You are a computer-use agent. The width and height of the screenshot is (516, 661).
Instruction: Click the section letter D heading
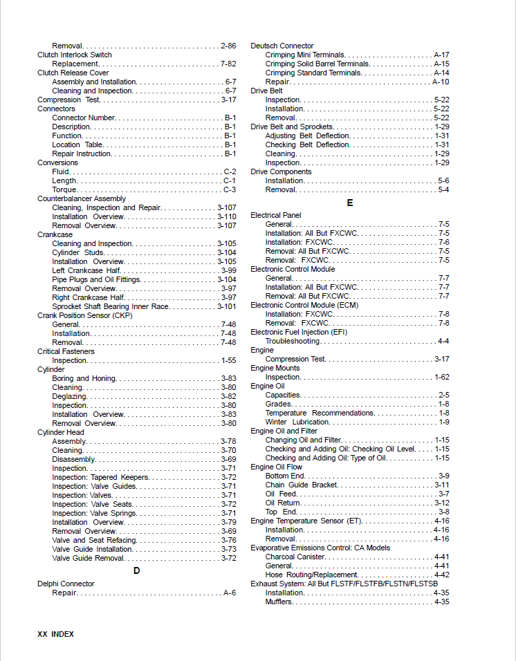click(x=136, y=570)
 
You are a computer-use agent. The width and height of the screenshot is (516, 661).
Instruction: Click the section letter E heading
click(x=350, y=203)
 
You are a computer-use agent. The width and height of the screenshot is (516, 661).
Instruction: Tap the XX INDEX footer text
click(x=55, y=634)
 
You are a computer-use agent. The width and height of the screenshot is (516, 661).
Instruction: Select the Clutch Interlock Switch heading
click(x=74, y=55)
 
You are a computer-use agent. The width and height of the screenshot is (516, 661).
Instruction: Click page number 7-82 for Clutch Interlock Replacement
click(x=228, y=64)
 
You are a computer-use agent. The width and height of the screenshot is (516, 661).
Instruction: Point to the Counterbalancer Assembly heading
click(x=81, y=198)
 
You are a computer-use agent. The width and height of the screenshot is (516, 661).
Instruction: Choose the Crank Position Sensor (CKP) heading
click(x=84, y=315)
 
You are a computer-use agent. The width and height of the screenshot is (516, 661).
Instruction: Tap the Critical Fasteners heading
click(x=66, y=351)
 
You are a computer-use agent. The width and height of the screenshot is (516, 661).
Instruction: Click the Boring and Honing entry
click(x=84, y=378)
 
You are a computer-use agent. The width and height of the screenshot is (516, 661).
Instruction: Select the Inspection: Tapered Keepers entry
click(x=100, y=477)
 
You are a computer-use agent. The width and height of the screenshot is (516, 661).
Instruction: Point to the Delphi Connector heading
click(x=66, y=584)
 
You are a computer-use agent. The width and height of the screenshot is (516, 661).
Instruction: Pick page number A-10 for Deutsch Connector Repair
click(x=441, y=82)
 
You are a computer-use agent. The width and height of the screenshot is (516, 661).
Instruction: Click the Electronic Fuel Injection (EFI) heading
click(x=299, y=332)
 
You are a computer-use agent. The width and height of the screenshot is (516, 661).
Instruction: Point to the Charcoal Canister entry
click(x=295, y=557)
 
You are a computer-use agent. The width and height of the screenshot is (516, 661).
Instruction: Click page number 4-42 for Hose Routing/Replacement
click(x=441, y=575)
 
